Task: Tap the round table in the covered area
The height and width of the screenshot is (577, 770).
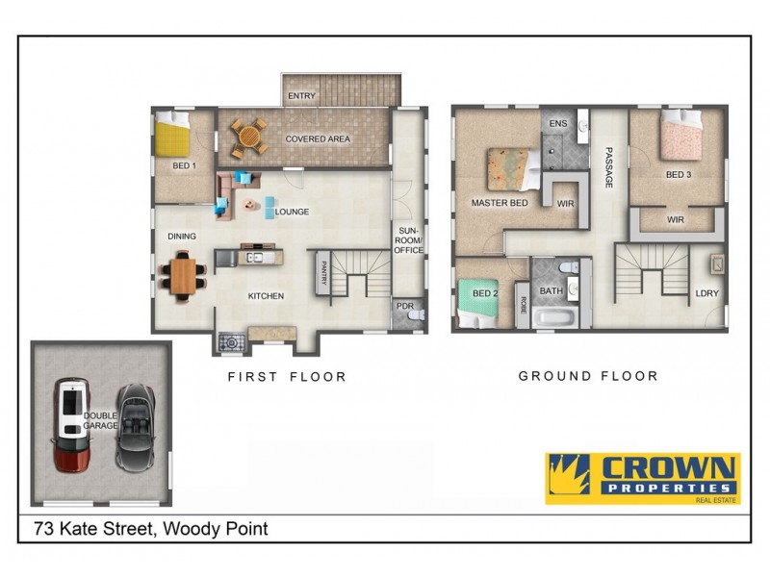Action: point(250,137)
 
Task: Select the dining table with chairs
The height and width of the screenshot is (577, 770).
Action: point(183,276)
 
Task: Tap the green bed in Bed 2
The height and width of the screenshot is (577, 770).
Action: point(478,301)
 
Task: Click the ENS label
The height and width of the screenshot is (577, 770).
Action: point(557,125)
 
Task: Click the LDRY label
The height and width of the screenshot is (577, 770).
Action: point(706,293)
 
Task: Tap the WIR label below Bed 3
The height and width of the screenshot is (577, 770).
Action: point(676,219)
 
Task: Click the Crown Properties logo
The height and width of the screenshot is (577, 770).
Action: point(642,478)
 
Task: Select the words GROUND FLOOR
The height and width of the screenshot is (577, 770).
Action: point(588,376)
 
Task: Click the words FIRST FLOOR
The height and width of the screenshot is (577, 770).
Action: point(287,377)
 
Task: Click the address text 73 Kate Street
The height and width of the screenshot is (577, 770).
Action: point(150,528)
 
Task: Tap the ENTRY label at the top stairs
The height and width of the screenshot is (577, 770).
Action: point(301,96)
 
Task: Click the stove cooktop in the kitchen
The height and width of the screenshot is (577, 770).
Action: point(231,341)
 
